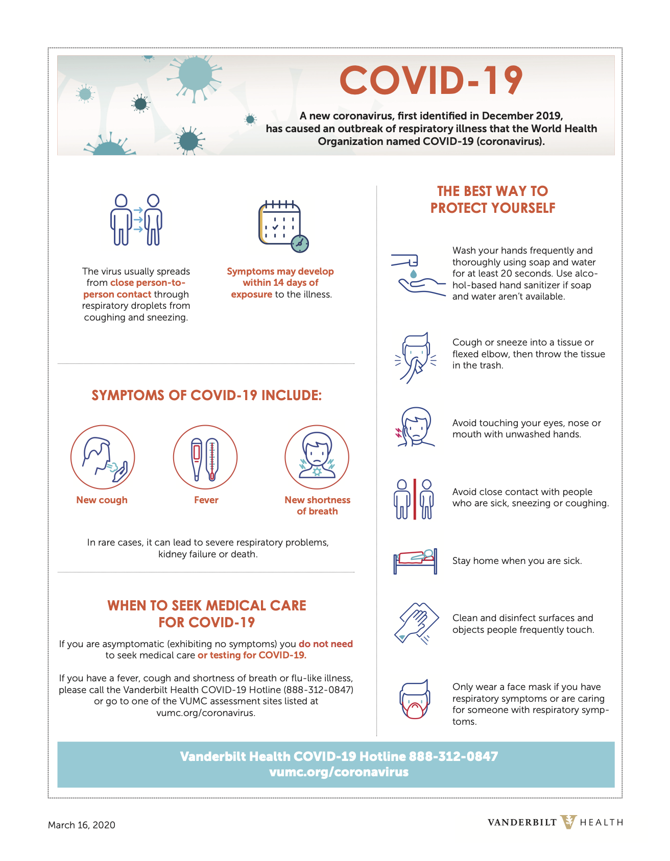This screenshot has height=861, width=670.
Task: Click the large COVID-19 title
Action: tap(431, 81)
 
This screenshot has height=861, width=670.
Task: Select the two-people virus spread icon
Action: tap(136, 220)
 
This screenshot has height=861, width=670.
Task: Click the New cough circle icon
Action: tap(103, 457)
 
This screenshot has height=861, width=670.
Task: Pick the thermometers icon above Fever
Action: tap(205, 457)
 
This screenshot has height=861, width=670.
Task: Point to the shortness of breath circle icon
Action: tap(317, 457)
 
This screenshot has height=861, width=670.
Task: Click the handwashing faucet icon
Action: tap(416, 274)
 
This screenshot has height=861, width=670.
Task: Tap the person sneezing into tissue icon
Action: tap(416, 357)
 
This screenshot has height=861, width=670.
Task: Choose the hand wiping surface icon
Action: tap(416, 623)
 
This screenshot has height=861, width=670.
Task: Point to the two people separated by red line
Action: tap(414, 499)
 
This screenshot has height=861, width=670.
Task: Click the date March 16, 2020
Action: tap(82, 825)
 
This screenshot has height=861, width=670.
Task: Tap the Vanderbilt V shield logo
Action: tap(568, 822)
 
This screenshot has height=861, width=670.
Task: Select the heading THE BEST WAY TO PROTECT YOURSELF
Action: tap(493, 200)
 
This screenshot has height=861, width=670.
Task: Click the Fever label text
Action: tap(206, 500)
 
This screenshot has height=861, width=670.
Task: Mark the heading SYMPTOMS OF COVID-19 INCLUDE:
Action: tap(207, 396)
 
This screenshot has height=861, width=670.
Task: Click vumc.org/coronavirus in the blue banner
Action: tap(339, 772)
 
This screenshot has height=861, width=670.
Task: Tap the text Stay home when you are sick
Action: tap(517, 561)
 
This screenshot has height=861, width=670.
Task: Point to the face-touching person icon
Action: tap(416, 427)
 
